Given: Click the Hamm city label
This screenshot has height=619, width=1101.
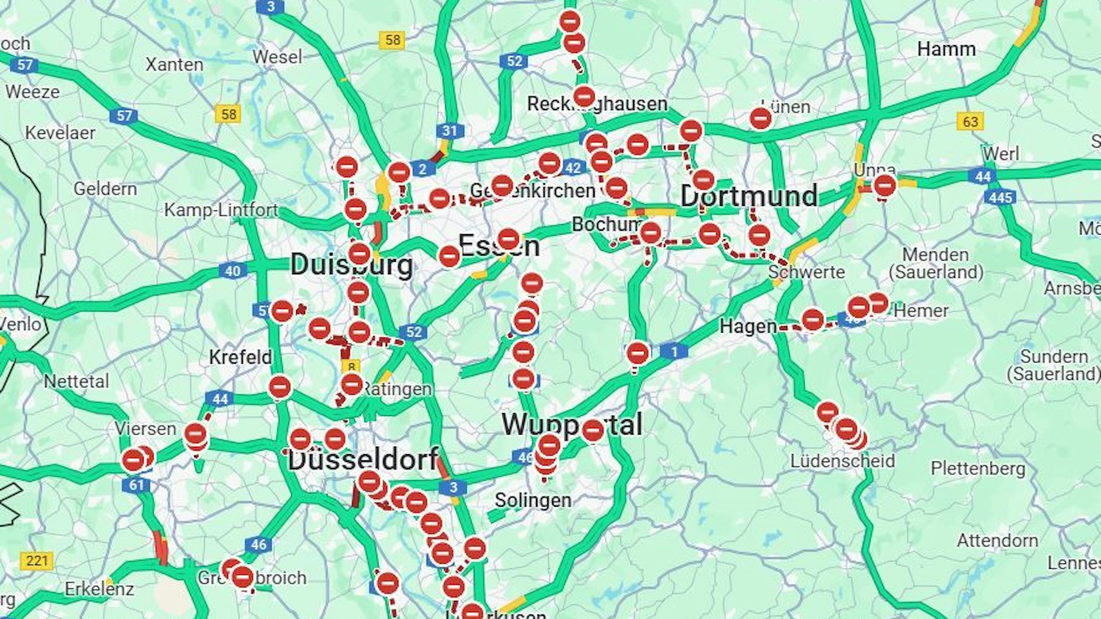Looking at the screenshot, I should tap(946, 49).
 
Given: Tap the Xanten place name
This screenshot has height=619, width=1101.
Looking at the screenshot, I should tap(175, 64).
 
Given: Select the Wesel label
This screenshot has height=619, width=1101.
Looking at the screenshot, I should tap(277, 57).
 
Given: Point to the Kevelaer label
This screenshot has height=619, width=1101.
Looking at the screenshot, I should tap(60, 133).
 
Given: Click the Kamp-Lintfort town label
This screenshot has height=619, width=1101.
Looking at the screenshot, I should tap(221, 210).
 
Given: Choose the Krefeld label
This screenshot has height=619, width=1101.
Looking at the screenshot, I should tap(240, 357).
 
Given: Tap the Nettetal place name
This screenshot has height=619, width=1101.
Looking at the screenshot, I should tap(77, 381).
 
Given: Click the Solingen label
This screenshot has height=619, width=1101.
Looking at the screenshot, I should tap(532, 500).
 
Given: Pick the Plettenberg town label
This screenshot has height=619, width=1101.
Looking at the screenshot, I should tap(978, 469).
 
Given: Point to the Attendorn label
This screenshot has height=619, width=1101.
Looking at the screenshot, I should tap(998, 541).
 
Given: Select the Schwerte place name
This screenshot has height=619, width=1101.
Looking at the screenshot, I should tap(806, 272).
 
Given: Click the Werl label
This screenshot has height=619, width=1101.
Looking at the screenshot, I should tap(1001, 154).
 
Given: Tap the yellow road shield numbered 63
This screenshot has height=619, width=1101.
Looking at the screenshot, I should tap(970, 121).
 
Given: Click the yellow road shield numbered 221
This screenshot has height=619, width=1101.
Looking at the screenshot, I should tap(37, 561).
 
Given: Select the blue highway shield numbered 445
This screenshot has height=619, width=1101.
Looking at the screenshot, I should tap(1000, 197).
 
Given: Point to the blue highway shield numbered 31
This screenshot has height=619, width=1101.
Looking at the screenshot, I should tap(450, 131).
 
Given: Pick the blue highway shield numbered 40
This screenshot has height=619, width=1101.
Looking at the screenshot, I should tap(232, 270).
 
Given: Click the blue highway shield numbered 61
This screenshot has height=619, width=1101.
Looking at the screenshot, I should tap(136, 485).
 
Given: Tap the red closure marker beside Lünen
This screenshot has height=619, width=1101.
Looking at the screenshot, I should tap(760, 118).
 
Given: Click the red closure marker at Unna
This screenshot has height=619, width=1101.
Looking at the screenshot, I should tap(884, 186).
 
